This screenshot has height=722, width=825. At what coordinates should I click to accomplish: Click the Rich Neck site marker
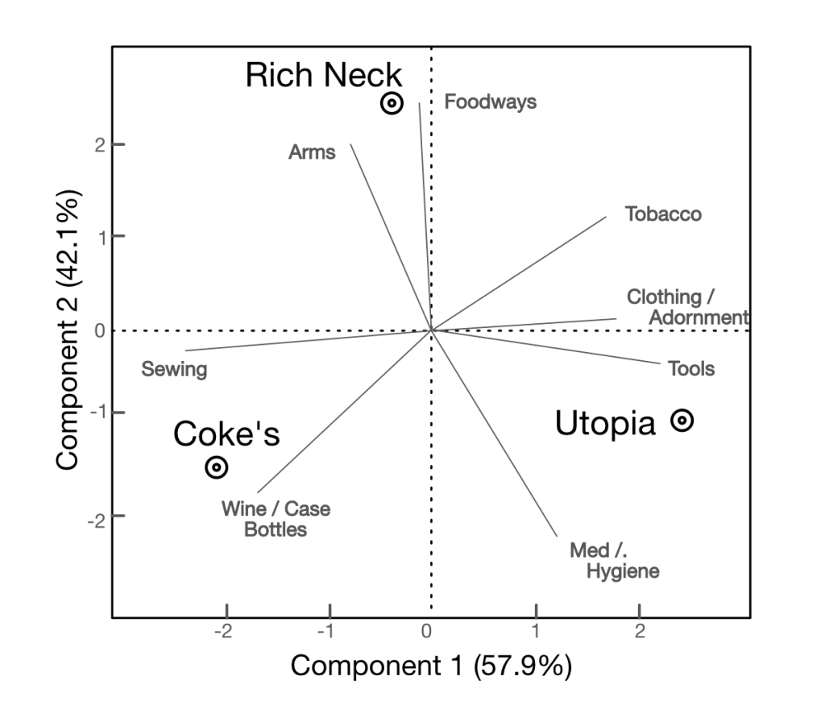point(392,103)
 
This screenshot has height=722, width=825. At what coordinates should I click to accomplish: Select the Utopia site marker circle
point(682,420)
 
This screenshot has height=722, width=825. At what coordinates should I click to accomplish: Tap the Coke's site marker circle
point(216,467)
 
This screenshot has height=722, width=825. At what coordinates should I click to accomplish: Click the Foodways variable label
point(490,102)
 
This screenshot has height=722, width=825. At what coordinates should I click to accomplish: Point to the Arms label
point(312,151)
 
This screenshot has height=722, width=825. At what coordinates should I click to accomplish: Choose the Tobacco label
point(663,214)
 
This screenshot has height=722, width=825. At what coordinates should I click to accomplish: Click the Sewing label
point(174,370)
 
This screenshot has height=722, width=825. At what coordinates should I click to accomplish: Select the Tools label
point(691,369)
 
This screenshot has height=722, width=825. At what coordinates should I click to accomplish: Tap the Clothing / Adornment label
point(686,307)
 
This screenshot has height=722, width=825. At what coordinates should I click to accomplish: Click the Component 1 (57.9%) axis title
point(431,666)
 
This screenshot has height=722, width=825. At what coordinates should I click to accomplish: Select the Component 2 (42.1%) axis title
point(68,330)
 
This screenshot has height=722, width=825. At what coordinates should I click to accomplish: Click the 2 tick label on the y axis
point(97,145)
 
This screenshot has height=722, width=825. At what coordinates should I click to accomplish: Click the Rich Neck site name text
point(323,76)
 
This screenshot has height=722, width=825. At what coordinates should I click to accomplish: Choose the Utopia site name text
point(605,423)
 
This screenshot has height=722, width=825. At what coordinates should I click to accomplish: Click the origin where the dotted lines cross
point(432,330)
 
